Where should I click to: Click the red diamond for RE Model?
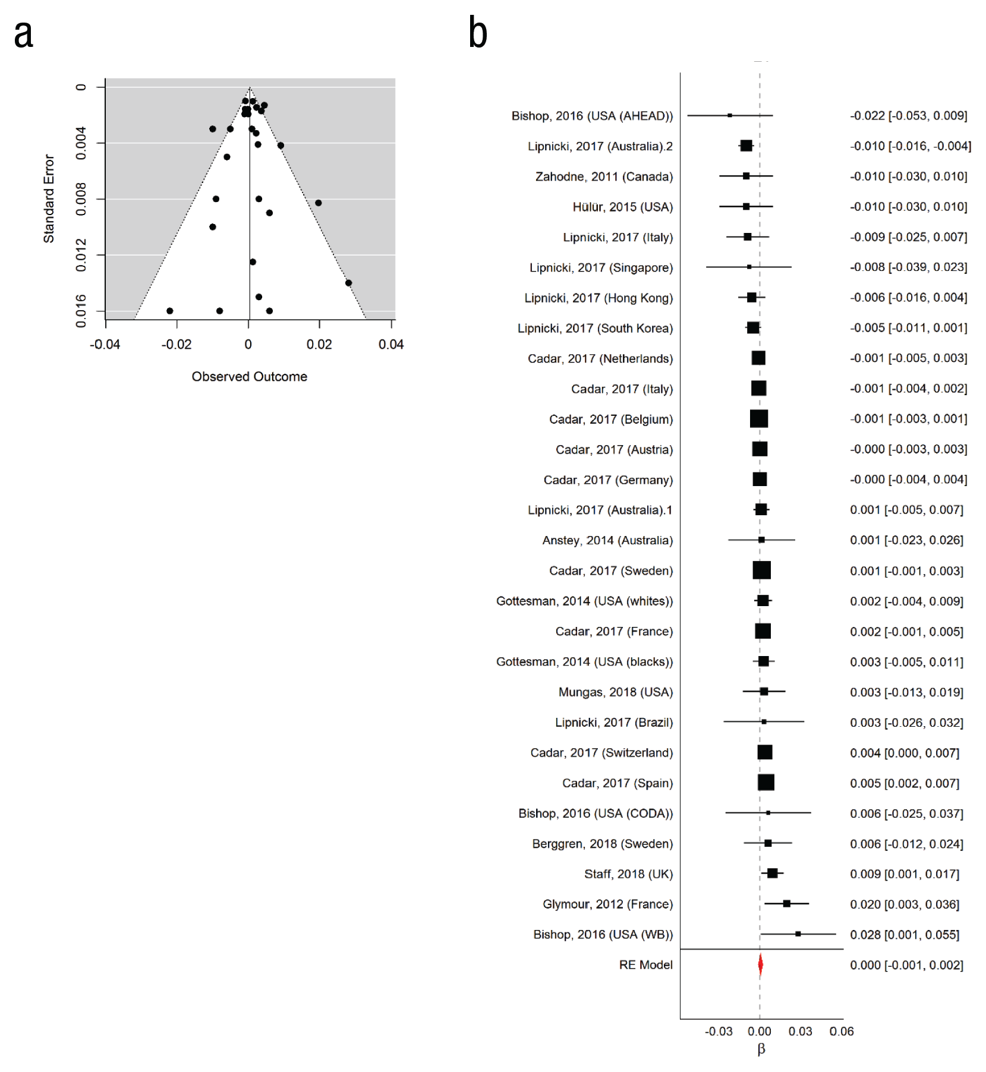760,964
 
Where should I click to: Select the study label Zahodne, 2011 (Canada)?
604,176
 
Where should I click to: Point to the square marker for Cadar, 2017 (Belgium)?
759,419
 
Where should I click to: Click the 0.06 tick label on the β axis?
842,1031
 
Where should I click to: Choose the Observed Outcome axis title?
250,376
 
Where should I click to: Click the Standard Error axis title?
49,198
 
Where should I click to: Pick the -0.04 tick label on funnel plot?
105,344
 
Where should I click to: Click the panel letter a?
24,34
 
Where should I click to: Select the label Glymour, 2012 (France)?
607,904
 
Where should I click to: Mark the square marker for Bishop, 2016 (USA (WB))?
798,934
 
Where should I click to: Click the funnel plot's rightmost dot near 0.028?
349,283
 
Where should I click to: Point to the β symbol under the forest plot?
761,1049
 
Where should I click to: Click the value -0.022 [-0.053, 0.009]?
909,115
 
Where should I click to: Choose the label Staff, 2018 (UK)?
628,874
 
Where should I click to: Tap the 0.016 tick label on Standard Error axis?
81,311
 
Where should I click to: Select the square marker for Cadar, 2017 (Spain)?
766,783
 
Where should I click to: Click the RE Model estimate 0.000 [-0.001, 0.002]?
907,964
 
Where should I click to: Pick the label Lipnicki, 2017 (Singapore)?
601,267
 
